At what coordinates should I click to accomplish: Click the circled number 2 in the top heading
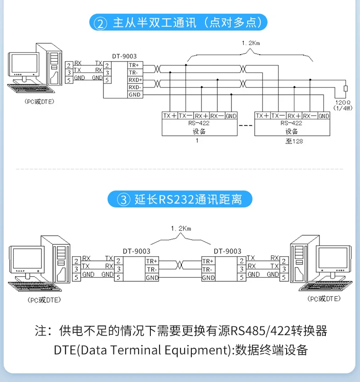(x=100, y=23)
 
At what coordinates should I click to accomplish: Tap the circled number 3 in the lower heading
(x=123, y=200)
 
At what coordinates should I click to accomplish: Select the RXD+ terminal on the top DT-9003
(x=135, y=80)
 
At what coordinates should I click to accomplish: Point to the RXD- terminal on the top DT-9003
(x=135, y=87)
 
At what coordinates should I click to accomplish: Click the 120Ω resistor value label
(x=341, y=103)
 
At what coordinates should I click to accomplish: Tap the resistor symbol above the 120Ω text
(x=345, y=88)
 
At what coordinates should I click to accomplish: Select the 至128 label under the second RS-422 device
(x=294, y=141)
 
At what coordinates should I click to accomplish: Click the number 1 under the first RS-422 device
(x=197, y=141)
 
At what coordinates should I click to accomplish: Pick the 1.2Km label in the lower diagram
(x=179, y=227)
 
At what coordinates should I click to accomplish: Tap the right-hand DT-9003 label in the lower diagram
(x=227, y=251)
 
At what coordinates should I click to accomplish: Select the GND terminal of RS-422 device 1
(x=231, y=116)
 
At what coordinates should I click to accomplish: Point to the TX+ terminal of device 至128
(x=262, y=116)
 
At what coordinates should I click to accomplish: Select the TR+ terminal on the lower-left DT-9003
(x=152, y=261)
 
